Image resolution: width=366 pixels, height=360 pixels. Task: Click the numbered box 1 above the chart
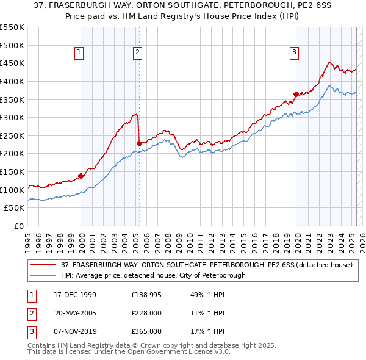click(x=79, y=53)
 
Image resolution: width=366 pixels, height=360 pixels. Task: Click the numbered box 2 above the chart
click(x=138, y=53)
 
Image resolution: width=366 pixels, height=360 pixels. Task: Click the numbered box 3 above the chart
click(x=294, y=53)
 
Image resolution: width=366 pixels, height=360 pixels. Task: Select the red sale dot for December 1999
click(x=81, y=176)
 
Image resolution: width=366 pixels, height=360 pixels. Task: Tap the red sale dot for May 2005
click(x=139, y=143)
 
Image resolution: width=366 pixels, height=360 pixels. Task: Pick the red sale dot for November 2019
click(x=296, y=94)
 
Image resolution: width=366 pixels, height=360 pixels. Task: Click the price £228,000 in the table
click(x=146, y=313)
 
